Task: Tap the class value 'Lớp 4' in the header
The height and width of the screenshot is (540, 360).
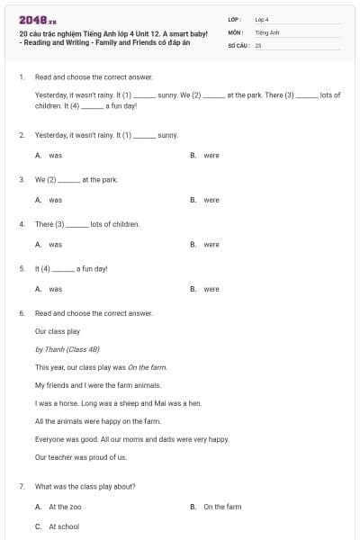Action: coord(262,19)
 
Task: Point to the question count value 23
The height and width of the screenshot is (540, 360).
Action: coord(258,44)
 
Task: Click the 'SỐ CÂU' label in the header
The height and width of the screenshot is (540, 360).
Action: coord(237,44)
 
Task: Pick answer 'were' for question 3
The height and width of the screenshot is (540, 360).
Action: coord(211,200)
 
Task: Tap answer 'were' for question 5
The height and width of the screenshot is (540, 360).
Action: coord(211,289)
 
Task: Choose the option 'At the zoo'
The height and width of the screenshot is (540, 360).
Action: coord(65,507)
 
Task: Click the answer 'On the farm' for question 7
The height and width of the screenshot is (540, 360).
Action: coord(222,507)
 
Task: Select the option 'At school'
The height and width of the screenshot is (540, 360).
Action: coord(64,526)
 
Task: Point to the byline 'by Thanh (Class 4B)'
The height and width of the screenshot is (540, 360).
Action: coord(68,349)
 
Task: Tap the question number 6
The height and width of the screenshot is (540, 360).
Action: coord(21,313)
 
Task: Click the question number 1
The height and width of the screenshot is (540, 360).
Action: coord(21,77)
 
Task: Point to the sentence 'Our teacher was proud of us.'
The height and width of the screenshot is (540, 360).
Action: coord(81,457)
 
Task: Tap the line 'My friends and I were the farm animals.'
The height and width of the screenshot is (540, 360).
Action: coord(97,385)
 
